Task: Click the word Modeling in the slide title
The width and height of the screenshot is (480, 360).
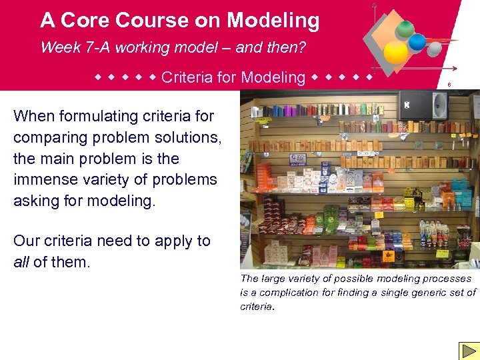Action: click(273, 21)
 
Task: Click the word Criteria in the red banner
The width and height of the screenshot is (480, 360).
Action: click(189, 77)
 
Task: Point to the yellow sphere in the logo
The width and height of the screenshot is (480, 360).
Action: click(395, 53)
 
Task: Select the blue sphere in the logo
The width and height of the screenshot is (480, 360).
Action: click(417, 42)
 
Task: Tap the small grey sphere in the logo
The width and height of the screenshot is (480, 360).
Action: click(434, 49)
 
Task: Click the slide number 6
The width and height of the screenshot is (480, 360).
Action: click(449, 85)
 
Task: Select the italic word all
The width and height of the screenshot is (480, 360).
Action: click(21, 262)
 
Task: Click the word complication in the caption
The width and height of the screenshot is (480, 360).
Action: click(290, 292)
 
